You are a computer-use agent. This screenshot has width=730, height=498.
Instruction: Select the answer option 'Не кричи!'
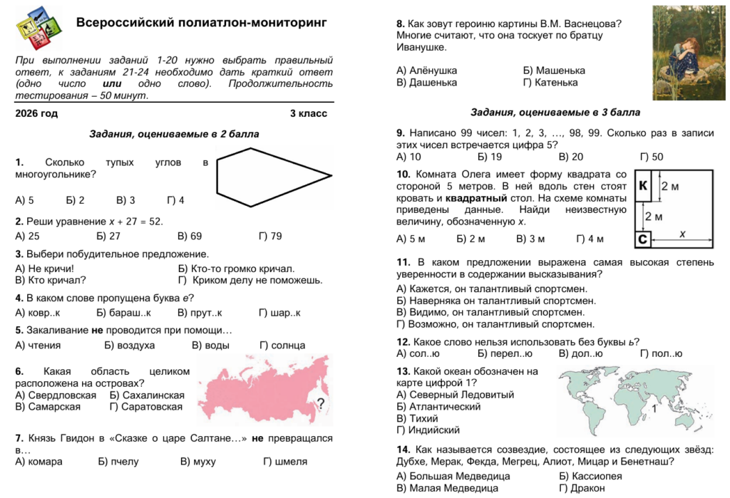(x=44, y=269)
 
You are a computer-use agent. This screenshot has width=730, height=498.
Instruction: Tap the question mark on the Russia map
(x=320, y=404)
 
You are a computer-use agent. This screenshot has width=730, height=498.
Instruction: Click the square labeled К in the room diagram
(x=643, y=186)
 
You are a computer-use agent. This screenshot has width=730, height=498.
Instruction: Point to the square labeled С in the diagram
(x=642, y=239)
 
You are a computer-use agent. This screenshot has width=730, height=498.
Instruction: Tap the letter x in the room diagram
(x=682, y=234)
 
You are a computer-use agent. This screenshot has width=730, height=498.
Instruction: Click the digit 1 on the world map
(x=654, y=409)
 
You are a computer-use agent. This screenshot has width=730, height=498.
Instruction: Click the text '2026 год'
(x=36, y=113)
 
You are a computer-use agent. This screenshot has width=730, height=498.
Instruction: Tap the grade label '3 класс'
(x=308, y=113)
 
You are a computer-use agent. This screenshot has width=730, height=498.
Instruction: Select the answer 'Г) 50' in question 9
(x=651, y=157)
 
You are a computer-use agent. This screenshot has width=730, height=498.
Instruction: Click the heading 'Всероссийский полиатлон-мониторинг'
(x=201, y=23)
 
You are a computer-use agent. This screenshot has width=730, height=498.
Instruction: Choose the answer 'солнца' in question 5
(x=283, y=346)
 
